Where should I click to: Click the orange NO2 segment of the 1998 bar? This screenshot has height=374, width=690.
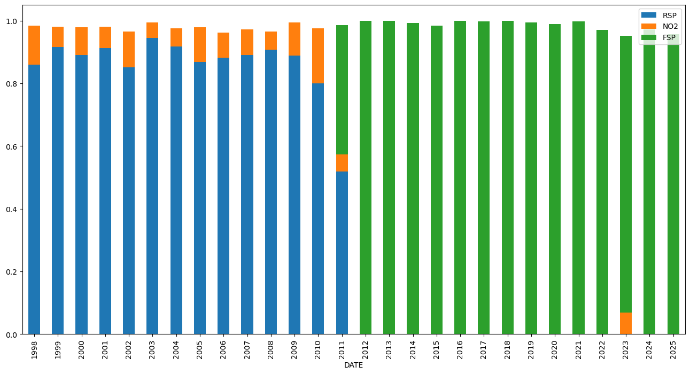pos(34,45)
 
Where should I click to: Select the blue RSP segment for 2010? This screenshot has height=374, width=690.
pos(318,208)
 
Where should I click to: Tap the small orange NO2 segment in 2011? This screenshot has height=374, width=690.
pos(342,163)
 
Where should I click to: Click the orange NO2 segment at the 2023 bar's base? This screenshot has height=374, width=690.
pos(625,323)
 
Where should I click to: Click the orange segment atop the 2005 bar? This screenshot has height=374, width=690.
pos(200,44)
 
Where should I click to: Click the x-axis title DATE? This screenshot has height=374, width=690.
pos(353,365)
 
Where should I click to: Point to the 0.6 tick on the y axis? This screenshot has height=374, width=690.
pos(12,146)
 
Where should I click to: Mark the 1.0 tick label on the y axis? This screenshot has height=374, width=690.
pos(12,21)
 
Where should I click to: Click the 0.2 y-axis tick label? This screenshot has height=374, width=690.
pos(12,272)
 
